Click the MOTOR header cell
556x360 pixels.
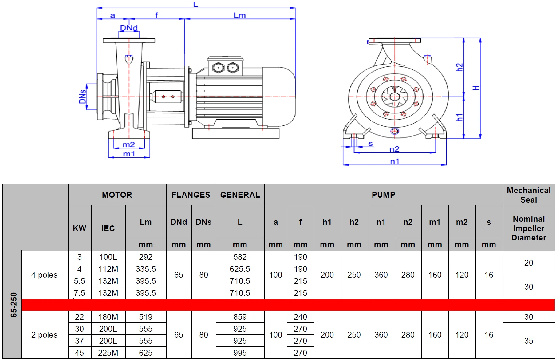pyautogui.click(x=117, y=195)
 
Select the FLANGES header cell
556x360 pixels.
pyautogui.click(x=191, y=195)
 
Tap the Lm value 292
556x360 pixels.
pyautogui.click(x=146, y=257)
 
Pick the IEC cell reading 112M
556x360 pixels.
pyautogui.click(x=108, y=269)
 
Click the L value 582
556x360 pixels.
pyautogui.click(x=240, y=257)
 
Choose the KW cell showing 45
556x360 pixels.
pyautogui.click(x=79, y=353)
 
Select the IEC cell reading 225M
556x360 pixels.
pyautogui.click(x=108, y=353)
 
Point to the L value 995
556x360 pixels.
pyautogui.click(x=240, y=353)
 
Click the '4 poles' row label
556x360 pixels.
pyautogui.click(x=45, y=275)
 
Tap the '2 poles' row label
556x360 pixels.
pyautogui.click(x=45, y=335)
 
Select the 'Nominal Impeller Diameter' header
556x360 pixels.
pyautogui.click(x=529, y=228)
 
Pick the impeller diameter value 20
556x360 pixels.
pyautogui.click(x=529, y=263)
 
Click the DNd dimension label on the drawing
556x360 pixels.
pyautogui.click(x=129, y=28)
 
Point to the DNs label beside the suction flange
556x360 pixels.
pyautogui.click(x=82, y=97)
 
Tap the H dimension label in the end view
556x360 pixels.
pyautogui.click(x=476, y=88)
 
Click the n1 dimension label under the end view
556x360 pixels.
pyautogui.click(x=395, y=161)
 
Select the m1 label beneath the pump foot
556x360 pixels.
pyautogui.click(x=129, y=154)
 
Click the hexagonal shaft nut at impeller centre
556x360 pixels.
pyautogui.click(x=395, y=97)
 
